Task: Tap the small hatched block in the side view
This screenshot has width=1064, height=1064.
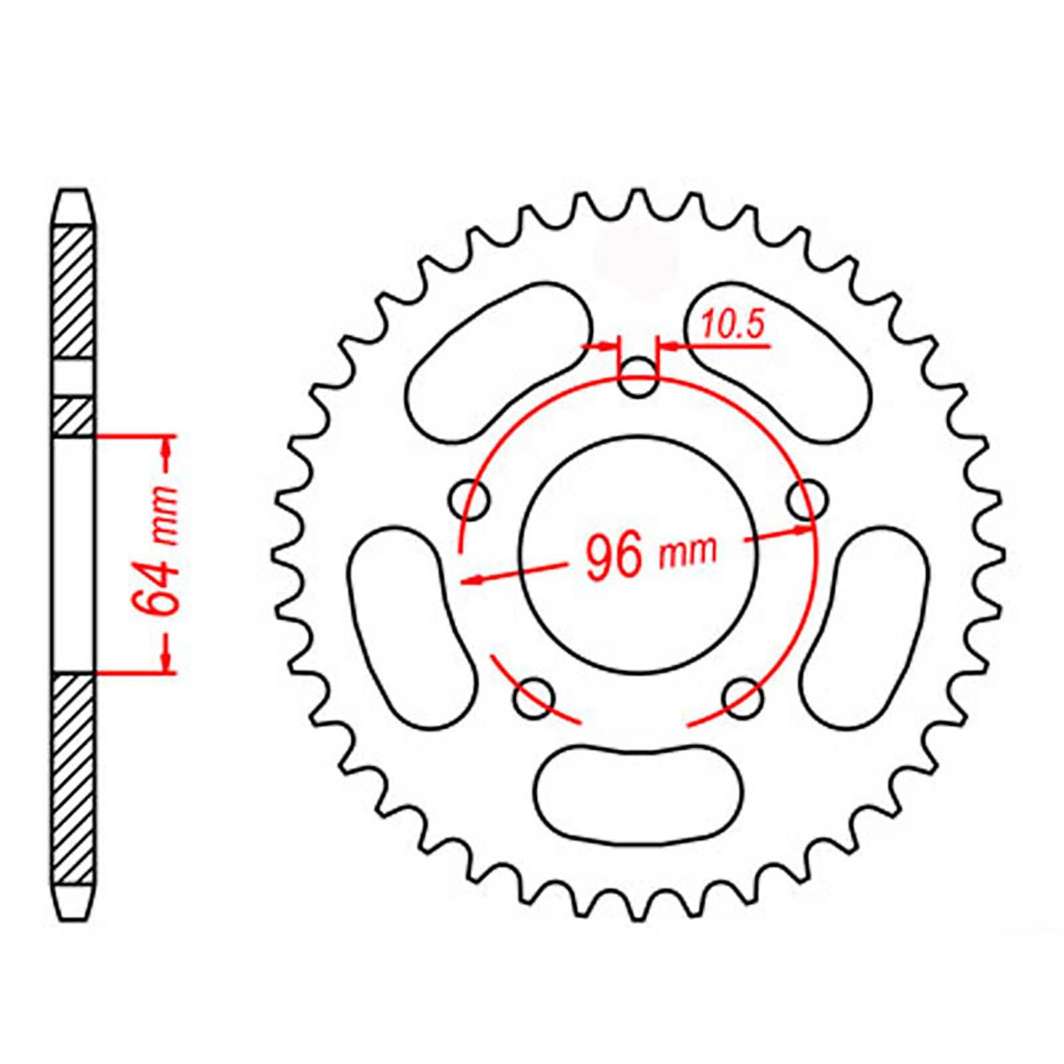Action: [x=72, y=416]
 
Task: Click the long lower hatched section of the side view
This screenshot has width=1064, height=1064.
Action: [x=72, y=778]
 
